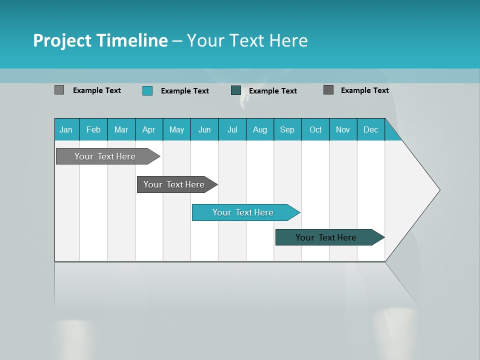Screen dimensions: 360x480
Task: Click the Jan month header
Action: point(66,129)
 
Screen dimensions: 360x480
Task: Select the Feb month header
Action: point(93,129)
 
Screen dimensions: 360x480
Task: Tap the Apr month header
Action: point(149,129)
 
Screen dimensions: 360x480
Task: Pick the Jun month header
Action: point(204,129)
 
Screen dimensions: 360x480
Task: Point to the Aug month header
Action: point(260,129)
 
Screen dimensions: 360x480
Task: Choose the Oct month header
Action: point(315,129)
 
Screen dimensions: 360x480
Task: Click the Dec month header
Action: point(371,129)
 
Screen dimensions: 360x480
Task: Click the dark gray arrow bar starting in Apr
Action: point(174,184)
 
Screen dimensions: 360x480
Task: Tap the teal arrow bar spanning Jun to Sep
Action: point(243,212)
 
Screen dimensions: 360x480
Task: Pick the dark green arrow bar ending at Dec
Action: point(326,237)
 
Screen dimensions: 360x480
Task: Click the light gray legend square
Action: point(59,90)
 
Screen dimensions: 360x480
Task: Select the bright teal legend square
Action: point(147,90)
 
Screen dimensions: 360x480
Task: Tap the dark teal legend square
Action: point(236,90)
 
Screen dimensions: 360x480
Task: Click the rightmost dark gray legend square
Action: point(328,90)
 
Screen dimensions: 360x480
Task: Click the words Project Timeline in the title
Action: point(100,40)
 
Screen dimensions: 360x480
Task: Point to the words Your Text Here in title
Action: point(247,40)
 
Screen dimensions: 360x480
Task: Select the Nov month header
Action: point(343,129)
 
